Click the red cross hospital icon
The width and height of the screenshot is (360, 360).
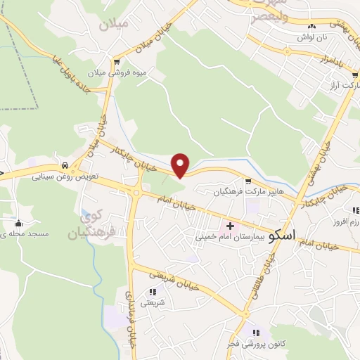(230, 226)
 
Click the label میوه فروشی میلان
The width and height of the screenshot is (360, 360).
(116, 72)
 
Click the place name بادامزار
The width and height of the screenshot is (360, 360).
(330, 61)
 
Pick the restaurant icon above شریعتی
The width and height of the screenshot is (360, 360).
(153, 292)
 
